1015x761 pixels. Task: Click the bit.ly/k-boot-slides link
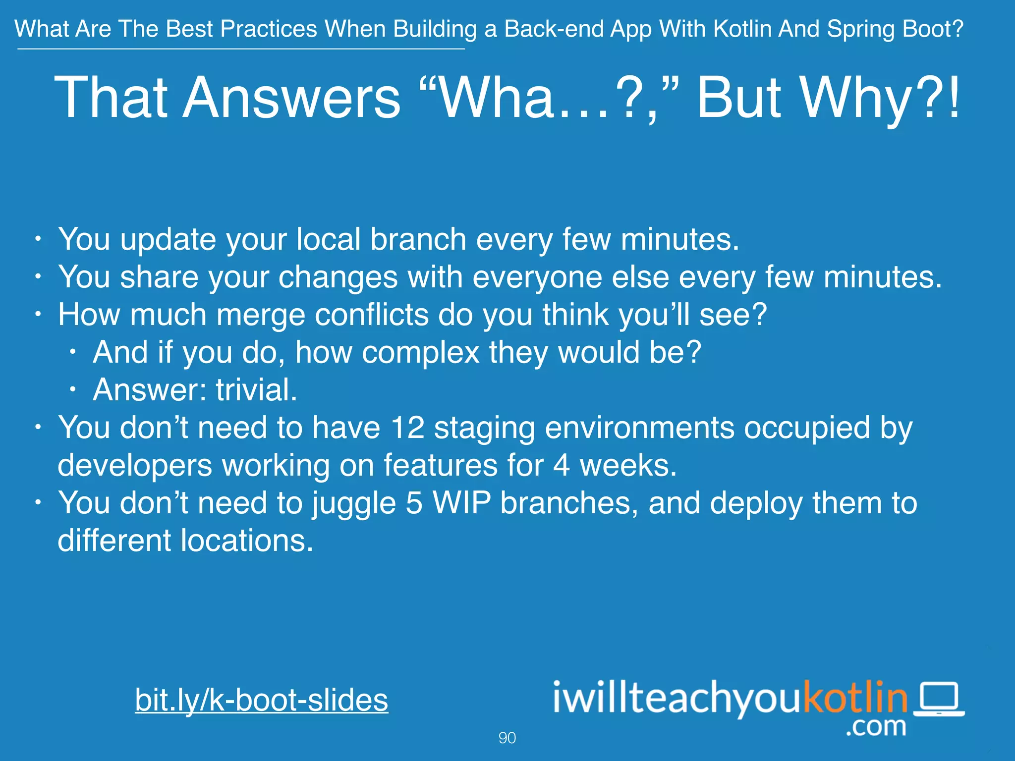(x=261, y=700)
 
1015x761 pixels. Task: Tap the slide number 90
(x=507, y=738)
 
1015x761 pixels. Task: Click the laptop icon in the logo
(x=939, y=700)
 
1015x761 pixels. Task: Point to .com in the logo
(x=876, y=727)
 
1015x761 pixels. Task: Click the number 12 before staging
(x=407, y=428)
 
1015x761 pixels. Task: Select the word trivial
(x=256, y=390)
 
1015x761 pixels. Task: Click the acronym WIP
(x=461, y=503)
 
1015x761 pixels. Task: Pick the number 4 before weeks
(x=561, y=466)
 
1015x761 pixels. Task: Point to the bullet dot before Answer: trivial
(x=73, y=390)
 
